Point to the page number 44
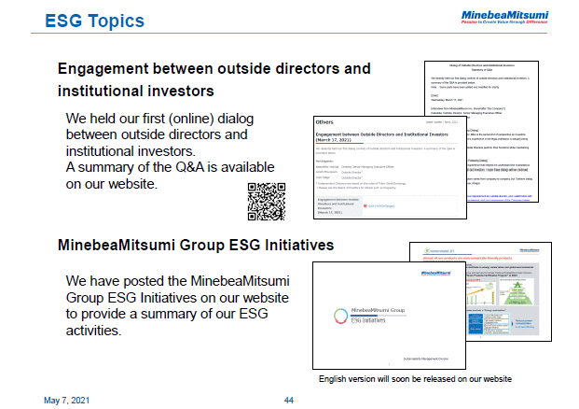[x=289, y=400]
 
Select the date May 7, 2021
[x=68, y=400]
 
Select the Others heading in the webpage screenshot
[x=325, y=121]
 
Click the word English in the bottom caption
[x=333, y=379]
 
